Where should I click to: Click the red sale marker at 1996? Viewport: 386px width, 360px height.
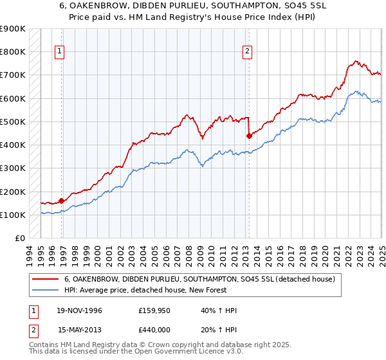[x=62, y=201]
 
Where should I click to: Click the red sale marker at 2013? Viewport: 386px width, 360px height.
[x=249, y=136]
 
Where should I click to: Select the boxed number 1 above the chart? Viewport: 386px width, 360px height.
[x=60, y=53]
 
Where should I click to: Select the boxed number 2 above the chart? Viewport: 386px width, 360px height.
[x=247, y=53]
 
